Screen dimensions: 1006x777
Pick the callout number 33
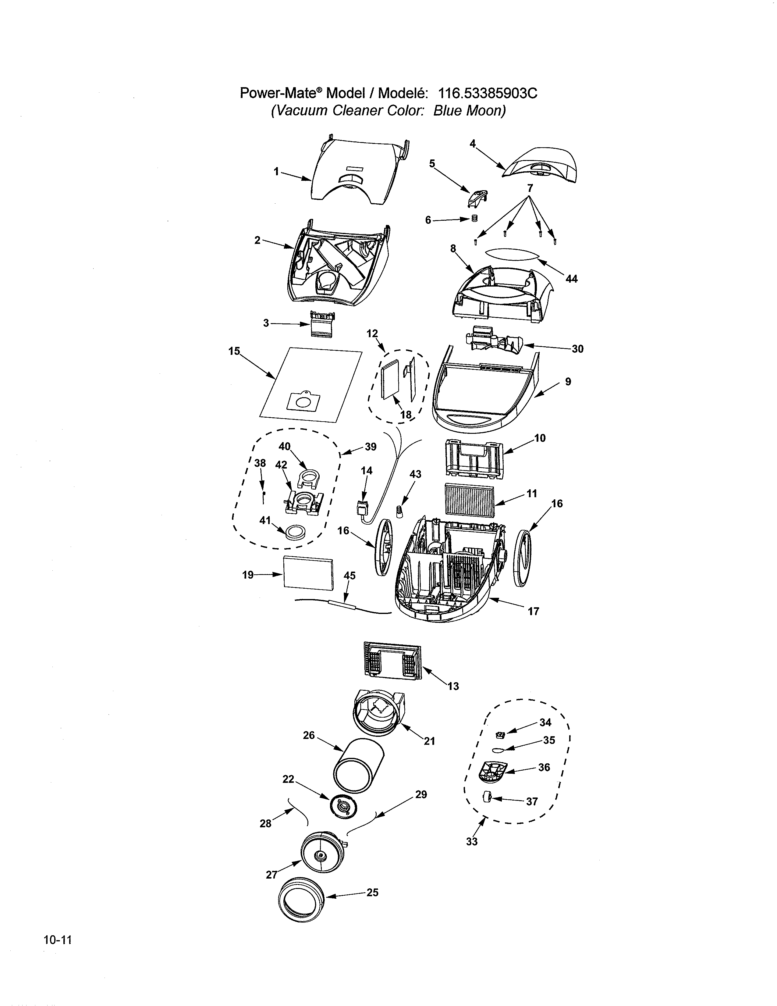[472, 842]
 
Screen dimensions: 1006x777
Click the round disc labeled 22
[343, 807]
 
